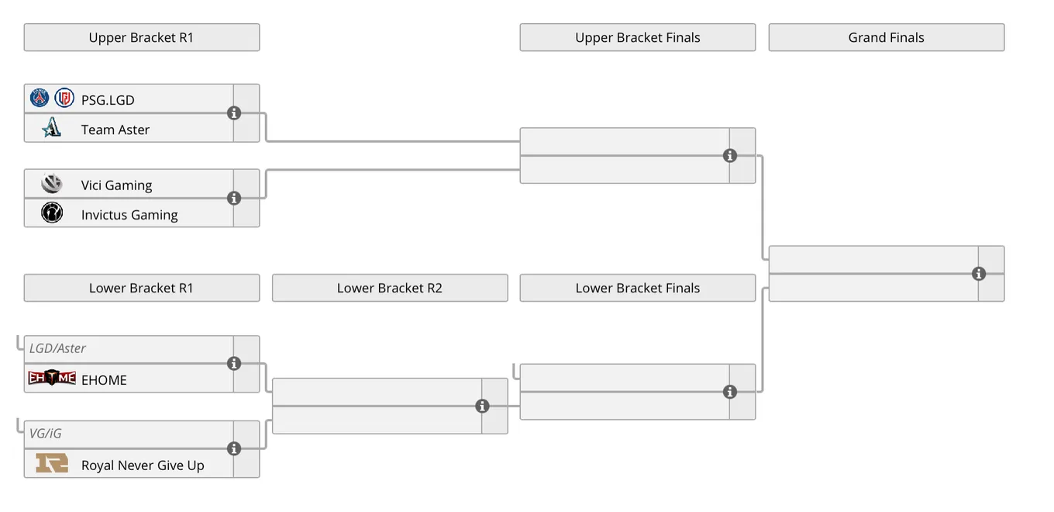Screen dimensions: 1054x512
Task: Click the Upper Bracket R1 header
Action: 142,37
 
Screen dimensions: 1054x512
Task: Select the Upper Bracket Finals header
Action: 638,37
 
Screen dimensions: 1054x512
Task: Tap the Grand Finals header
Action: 887,37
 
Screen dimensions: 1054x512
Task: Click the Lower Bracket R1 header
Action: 142,288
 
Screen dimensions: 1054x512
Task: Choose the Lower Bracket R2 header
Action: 390,288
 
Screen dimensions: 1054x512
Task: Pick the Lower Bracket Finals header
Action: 638,288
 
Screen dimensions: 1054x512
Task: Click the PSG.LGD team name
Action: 108,100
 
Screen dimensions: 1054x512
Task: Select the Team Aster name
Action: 115,130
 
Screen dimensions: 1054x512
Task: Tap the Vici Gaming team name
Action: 117,185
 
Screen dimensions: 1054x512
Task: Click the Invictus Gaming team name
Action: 129,215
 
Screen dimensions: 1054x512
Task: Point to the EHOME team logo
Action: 52,378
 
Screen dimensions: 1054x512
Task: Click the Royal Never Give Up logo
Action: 52,463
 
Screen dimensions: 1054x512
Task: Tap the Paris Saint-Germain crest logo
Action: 40,98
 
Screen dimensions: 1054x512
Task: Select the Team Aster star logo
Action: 51,127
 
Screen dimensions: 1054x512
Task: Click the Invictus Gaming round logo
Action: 52,213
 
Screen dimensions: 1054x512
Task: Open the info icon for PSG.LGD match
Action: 234,113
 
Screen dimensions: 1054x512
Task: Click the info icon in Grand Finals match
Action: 979,274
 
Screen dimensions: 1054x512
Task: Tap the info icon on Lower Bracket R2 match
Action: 482,406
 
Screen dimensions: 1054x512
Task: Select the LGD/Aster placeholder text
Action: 57,348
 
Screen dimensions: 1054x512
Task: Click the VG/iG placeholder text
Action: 45,434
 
